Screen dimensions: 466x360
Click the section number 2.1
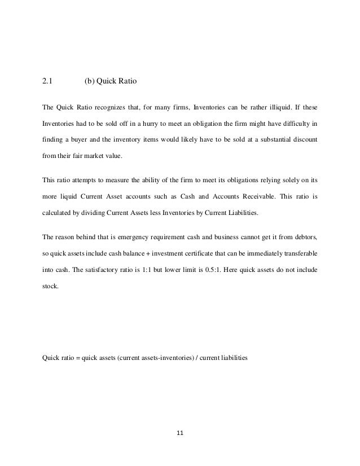(x=48, y=80)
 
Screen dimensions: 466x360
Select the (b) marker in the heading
(x=89, y=80)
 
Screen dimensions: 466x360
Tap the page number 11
(x=181, y=434)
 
